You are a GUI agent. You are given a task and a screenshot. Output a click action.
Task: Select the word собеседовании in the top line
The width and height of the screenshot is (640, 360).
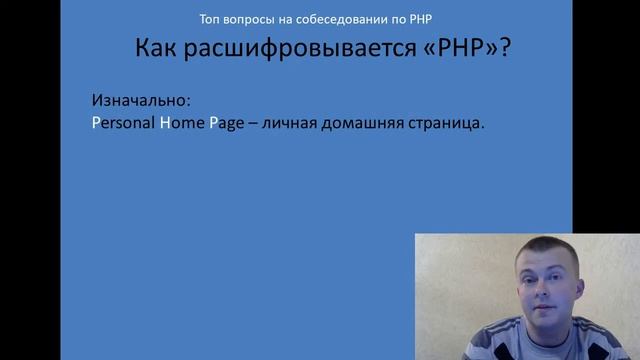331,21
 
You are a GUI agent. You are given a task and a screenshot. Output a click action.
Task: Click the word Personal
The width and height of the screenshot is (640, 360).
121,125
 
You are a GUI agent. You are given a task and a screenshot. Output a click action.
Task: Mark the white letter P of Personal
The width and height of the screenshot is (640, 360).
95,125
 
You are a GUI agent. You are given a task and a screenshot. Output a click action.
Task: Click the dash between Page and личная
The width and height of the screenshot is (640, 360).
255,125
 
